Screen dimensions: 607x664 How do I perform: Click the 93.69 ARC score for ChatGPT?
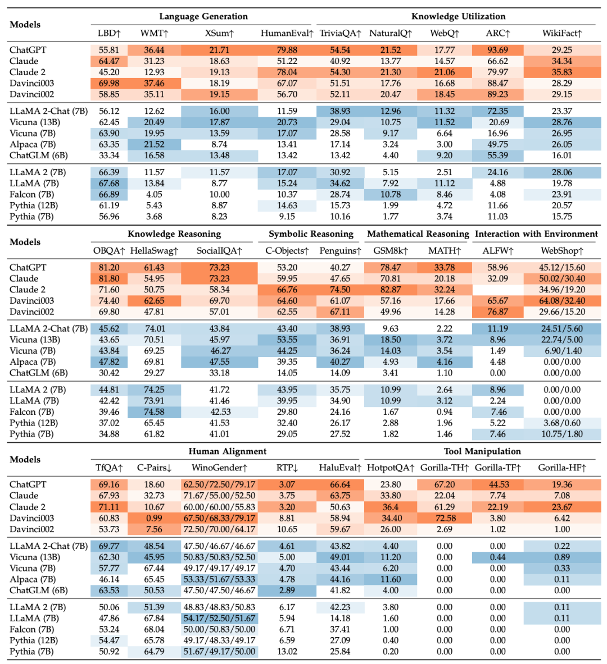pos(497,50)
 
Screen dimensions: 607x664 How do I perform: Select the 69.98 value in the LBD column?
pos(109,84)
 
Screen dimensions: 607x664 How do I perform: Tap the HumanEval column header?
pos(287,33)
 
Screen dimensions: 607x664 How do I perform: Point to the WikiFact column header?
pos(562,33)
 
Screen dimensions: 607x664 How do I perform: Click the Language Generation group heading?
pos(203,16)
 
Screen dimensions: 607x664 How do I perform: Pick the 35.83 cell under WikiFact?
pos(562,72)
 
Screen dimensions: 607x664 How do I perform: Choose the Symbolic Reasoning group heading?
pos(311,233)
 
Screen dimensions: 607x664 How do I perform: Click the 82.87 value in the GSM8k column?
pos(391,290)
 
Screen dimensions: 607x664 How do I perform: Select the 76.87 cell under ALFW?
pos(497,312)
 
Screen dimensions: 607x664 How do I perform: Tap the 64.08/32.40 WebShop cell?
pos(562,301)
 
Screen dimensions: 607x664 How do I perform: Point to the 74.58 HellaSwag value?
pos(154,412)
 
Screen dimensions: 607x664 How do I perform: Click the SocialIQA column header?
pos(219,251)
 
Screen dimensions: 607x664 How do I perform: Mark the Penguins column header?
pos(340,251)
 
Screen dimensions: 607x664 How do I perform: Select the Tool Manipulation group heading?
pos(482,451)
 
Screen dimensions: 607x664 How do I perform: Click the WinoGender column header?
pos(219,468)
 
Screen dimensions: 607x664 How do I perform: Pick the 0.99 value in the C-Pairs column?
pos(154,518)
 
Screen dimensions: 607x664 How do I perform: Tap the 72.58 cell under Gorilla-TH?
pos(445,518)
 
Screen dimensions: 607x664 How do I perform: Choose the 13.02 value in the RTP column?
pos(287,652)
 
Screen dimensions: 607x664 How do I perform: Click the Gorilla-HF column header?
pos(562,468)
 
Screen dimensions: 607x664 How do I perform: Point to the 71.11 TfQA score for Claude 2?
pos(109,507)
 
